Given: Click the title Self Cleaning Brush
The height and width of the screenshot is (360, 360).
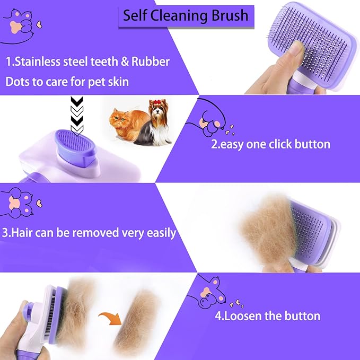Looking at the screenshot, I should tap(185, 15).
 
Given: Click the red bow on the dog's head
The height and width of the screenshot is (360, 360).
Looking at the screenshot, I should tap(156, 103).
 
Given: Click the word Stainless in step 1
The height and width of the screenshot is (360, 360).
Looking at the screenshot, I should tap(38, 62).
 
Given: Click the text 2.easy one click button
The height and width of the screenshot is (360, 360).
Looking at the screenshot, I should tap(270, 144).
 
